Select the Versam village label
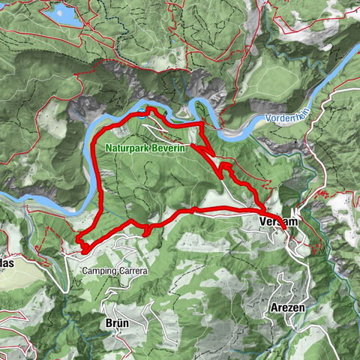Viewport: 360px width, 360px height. (x=278, y=223)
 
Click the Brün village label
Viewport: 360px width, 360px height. (x=118, y=322)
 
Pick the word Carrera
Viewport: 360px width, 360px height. (x=133, y=270)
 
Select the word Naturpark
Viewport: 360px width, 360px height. (x=125, y=149)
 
